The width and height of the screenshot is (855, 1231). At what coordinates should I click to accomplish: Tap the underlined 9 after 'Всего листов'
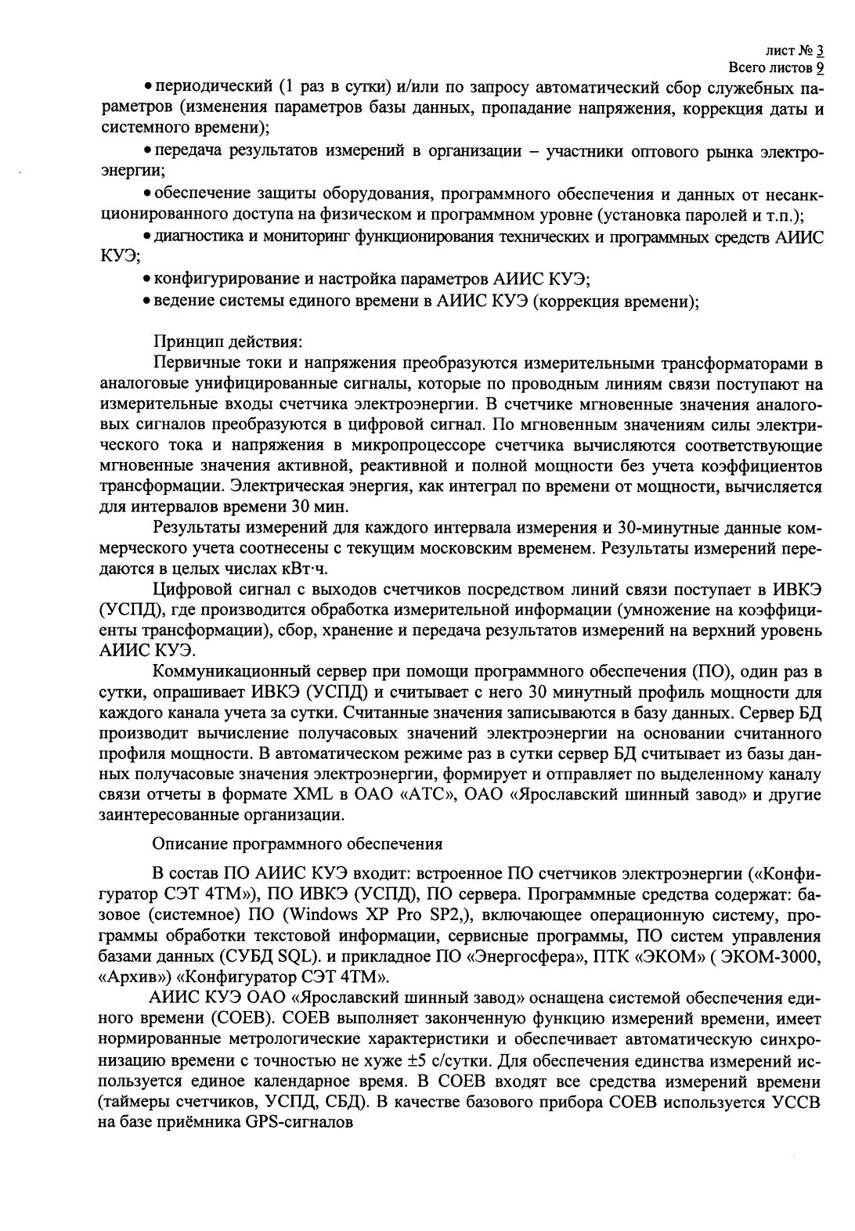click(820, 67)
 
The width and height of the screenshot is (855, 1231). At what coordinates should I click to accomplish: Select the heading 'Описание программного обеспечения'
click(297, 843)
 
